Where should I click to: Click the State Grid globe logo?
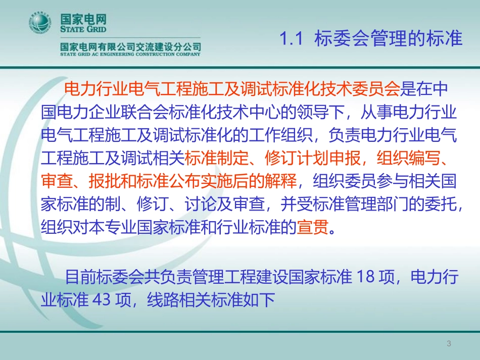[39, 23]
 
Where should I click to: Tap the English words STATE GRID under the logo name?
[83, 29]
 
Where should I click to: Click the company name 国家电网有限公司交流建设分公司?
[130, 46]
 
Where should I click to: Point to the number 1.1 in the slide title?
[291, 39]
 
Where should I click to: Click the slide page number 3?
[449, 343]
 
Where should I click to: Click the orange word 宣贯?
[313, 227]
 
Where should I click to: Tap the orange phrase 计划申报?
[328, 158]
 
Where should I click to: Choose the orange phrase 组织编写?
[408, 158]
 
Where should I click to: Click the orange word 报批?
[105, 181]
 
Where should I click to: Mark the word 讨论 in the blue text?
[201, 204]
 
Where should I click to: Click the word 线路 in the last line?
[163, 299]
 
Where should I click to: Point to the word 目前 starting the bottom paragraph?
[80, 277]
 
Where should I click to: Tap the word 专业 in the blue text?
[121, 227]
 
